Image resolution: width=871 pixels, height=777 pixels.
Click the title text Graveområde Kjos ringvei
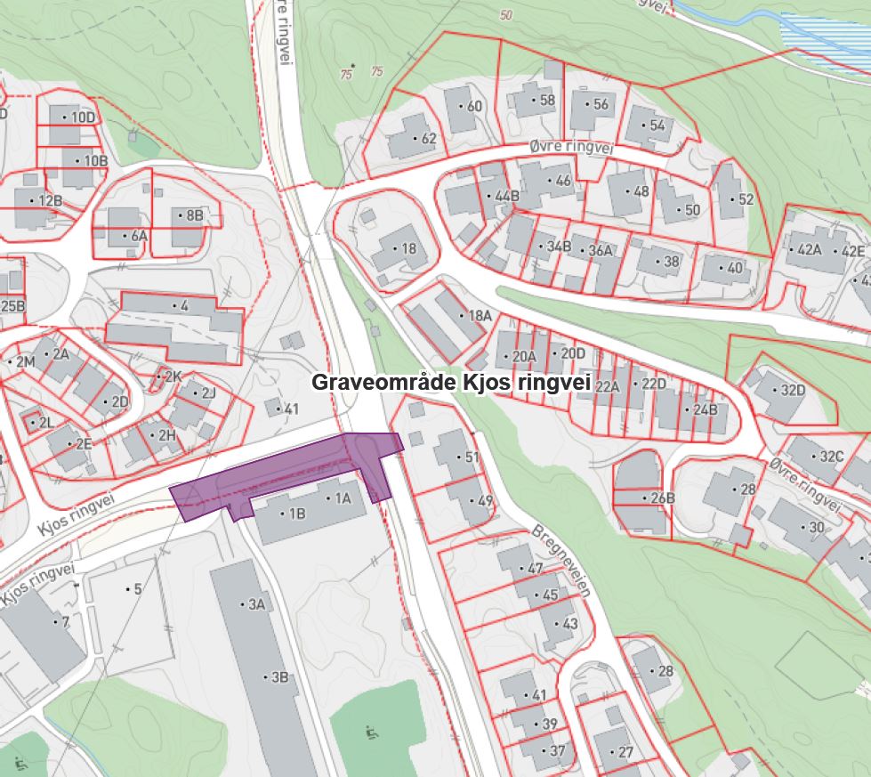451,382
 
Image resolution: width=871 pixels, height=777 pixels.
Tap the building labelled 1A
343,499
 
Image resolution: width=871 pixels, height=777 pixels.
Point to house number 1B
294,514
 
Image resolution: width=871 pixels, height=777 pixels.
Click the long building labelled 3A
255,604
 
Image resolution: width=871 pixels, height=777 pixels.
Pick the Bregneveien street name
561,561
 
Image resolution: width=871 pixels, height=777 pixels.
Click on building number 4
183,306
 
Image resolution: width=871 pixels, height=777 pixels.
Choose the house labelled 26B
661,498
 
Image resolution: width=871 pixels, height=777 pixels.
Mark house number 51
470,457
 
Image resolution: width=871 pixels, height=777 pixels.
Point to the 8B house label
193,215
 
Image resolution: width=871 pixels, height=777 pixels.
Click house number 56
599,104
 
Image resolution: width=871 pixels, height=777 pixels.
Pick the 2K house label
171,376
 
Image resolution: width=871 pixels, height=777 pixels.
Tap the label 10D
82,117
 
